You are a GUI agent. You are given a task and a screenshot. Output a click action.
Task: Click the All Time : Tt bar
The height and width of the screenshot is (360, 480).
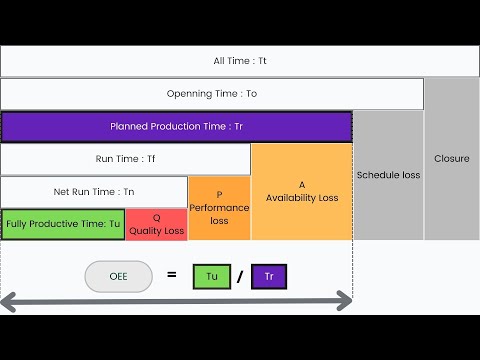(240, 61)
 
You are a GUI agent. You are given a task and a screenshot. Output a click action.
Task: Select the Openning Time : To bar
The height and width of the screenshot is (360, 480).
(212, 94)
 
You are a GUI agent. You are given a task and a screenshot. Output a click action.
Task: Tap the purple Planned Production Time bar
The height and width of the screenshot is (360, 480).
(176, 127)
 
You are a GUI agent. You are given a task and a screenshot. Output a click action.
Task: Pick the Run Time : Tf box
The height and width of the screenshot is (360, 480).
(125, 159)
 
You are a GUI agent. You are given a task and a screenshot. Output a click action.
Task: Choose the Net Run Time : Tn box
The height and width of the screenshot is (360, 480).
(94, 191)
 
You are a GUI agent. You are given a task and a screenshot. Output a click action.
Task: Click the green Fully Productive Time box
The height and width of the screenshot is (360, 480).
(62, 224)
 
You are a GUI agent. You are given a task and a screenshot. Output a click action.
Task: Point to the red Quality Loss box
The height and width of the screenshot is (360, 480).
(156, 224)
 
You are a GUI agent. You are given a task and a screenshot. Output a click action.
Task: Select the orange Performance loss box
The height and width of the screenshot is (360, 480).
(219, 208)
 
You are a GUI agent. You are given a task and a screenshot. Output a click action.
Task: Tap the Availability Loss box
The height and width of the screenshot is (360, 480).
(302, 192)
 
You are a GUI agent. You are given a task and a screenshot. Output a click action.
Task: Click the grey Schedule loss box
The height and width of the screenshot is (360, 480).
(388, 175)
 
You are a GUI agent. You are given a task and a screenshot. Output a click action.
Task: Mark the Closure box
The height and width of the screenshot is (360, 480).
(452, 158)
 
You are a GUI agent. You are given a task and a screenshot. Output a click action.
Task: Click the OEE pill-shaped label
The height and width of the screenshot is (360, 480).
(119, 275)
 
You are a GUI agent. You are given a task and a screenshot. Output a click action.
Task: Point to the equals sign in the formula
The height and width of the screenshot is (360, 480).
(172, 273)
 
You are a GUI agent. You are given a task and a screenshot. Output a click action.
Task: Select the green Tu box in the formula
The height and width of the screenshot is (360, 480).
(212, 275)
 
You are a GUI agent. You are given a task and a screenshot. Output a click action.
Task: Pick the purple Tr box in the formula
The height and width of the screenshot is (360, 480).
(269, 275)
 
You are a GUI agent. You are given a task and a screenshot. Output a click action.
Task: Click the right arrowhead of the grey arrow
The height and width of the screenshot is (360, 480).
(346, 299)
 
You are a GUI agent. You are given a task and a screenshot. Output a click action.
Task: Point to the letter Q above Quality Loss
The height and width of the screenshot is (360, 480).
(156, 216)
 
